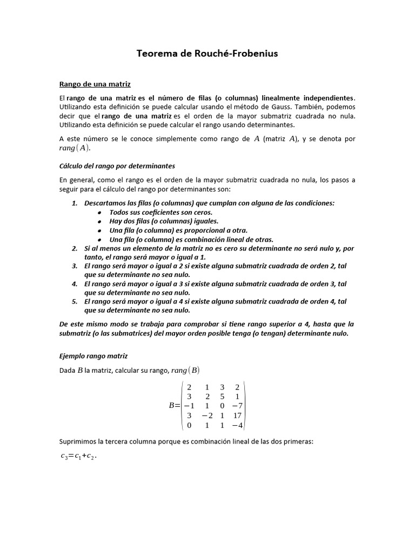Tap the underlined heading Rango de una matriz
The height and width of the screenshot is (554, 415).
(95, 84)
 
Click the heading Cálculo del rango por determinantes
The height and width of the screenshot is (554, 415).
(117, 166)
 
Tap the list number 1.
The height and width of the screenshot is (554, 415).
(75, 203)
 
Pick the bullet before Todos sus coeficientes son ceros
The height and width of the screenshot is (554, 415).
(100, 212)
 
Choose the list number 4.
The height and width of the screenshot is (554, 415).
(75, 283)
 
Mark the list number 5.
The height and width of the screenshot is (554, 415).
(75, 301)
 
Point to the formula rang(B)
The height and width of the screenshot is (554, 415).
(185, 370)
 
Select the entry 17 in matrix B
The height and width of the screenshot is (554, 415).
(237, 415)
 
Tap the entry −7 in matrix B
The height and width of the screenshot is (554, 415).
(237, 406)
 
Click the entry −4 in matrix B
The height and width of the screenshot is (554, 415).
(237, 425)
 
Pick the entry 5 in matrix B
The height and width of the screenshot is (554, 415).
(222, 396)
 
